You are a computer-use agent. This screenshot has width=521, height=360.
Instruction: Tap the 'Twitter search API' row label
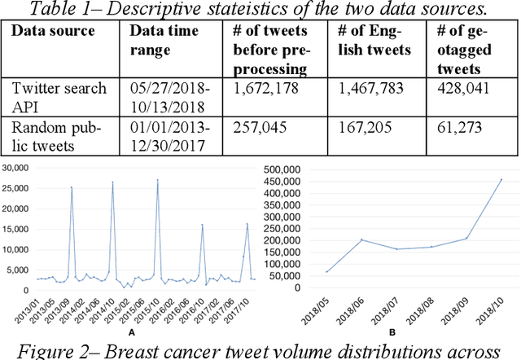point(59,97)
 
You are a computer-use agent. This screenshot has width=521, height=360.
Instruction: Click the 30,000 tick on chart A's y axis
point(16,168)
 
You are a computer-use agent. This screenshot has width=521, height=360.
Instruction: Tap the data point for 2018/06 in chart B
point(361,239)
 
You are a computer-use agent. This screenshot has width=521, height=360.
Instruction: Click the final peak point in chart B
point(501,179)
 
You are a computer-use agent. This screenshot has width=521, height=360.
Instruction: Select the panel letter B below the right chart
point(393,333)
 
